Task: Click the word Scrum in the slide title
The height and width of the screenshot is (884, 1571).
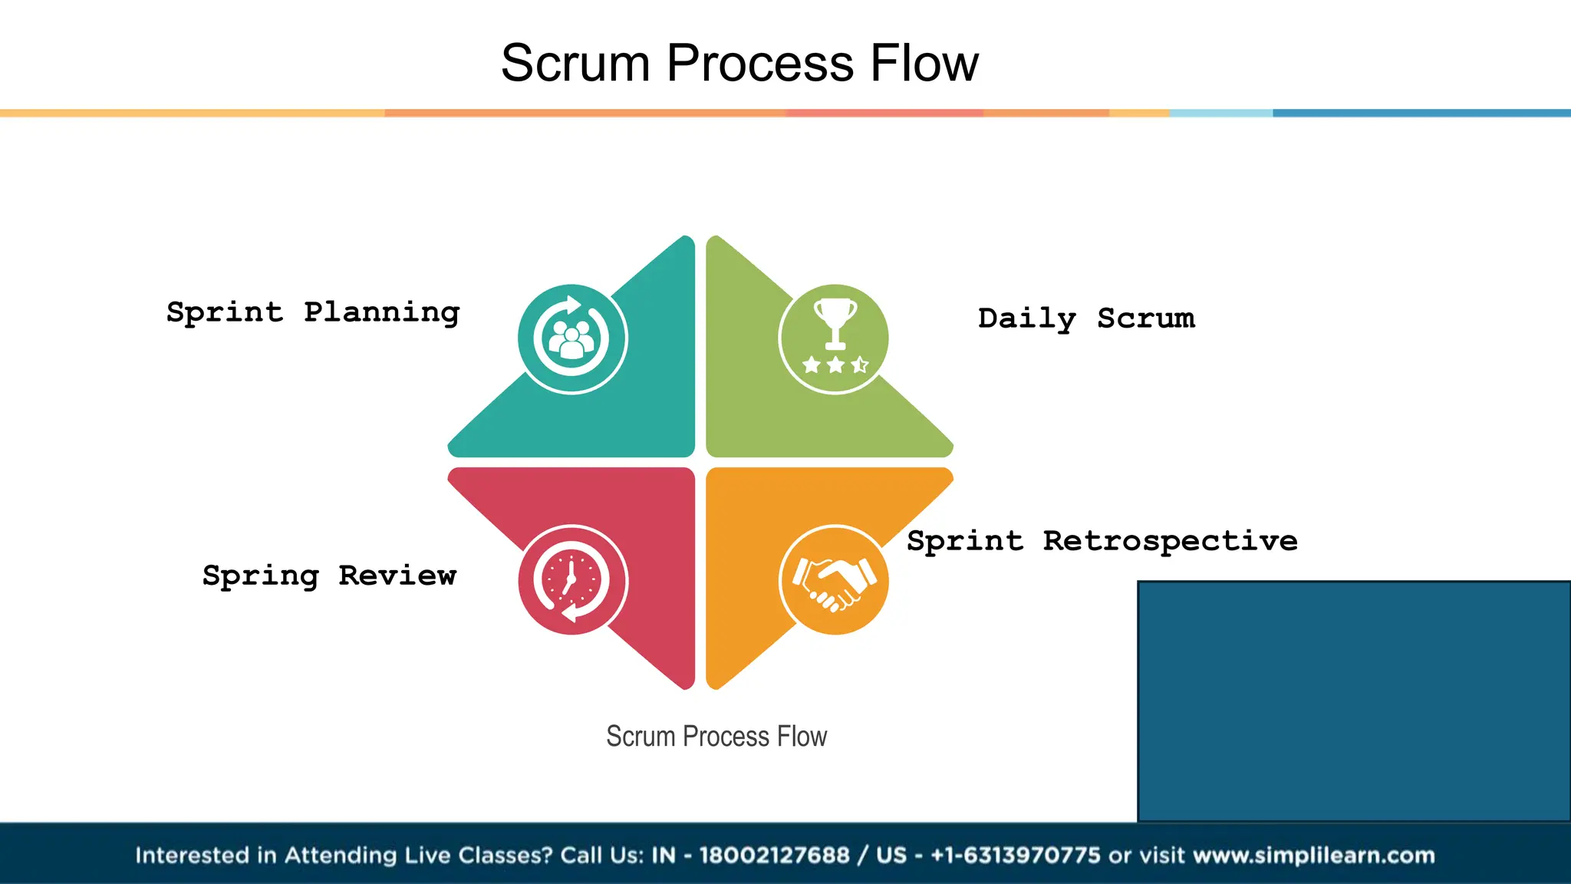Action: tap(575, 63)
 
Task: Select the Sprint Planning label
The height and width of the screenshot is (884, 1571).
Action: tap(313, 312)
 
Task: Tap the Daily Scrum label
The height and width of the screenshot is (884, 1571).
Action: tap(1086, 318)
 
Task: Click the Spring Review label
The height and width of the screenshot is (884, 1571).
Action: tap(329, 576)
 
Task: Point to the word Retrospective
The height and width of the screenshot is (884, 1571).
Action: tap(1170, 541)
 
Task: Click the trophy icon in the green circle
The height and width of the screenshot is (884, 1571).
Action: tap(835, 322)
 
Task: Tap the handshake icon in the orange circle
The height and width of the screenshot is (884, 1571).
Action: tap(834, 581)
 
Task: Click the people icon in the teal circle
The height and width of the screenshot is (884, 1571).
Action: tap(572, 340)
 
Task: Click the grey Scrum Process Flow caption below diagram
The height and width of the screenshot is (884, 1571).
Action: tap(716, 737)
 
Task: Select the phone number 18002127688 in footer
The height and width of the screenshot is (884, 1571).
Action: tap(774, 855)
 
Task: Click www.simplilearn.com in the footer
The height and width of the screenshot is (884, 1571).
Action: tap(1313, 855)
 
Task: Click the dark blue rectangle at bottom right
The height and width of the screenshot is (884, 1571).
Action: tap(1354, 701)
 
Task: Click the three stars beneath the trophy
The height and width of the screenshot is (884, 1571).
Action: tap(835, 365)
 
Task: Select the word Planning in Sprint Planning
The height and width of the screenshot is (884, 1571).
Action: tap(381, 312)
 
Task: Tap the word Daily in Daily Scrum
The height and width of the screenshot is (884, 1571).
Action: tap(1026, 318)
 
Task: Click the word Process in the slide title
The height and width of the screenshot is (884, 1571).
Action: tap(759, 63)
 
